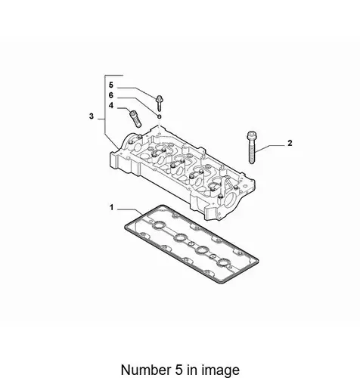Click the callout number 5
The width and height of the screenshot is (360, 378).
click(x=111, y=85)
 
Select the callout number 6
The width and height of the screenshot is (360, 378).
click(x=111, y=95)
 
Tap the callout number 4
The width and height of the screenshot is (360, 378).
click(x=111, y=106)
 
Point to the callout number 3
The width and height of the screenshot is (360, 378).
click(x=92, y=116)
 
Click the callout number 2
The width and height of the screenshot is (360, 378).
click(x=290, y=143)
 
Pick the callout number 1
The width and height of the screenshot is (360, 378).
click(x=111, y=208)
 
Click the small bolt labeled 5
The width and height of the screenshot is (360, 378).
click(x=159, y=103)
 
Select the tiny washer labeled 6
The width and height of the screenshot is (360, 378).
click(x=159, y=116)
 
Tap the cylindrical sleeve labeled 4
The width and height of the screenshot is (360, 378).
click(x=135, y=119)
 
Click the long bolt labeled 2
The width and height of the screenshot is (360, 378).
click(x=252, y=147)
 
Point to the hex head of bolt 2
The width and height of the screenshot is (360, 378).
click(x=252, y=135)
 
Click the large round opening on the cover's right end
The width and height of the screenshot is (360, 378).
click(x=231, y=200)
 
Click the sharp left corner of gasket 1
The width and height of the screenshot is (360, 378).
click(x=126, y=227)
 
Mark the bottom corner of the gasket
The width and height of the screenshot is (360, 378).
click(x=223, y=283)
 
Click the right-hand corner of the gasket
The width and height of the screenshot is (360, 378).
click(x=258, y=262)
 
